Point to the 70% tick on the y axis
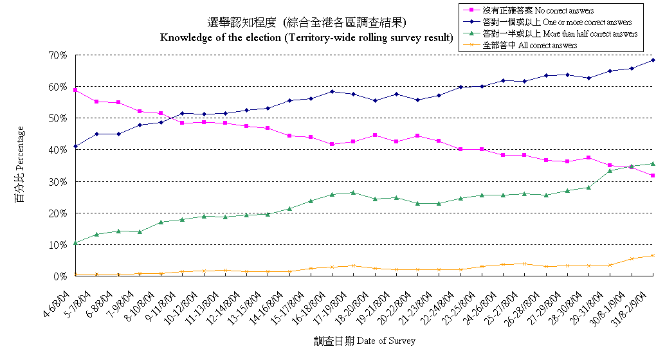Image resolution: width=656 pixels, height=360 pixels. pyautogui.click(x=58, y=55)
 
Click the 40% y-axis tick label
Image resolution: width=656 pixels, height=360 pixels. pyautogui.click(x=58, y=150)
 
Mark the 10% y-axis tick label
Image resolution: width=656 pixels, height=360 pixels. pyautogui.click(x=58, y=245)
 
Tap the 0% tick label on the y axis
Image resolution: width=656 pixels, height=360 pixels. pyautogui.click(x=60, y=276)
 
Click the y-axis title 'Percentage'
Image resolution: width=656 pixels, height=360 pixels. pyautogui.click(x=20, y=165)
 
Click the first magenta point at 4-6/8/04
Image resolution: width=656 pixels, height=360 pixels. pyautogui.click(x=75, y=90)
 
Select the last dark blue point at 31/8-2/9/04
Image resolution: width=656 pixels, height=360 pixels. pyautogui.click(x=653, y=60)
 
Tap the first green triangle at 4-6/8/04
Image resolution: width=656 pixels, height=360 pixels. pyautogui.click(x=75, y=243)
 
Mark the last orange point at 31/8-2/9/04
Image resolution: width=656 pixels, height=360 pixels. pyautogui.click(x=653, y=255)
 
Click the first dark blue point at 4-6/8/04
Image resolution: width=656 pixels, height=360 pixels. pyautogui.click(x=75, y=147)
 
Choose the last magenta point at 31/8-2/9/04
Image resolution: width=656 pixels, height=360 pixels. pyautogui.click(x=653, y=175)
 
